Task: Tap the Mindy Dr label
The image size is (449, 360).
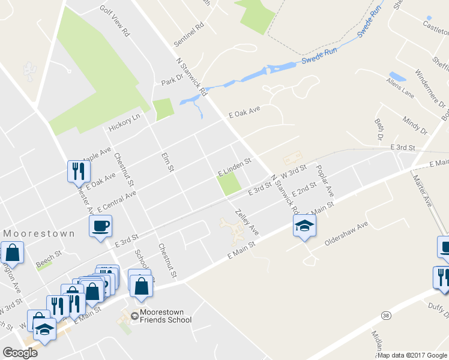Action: pos(415,126)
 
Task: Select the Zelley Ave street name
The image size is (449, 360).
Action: pos(247,222)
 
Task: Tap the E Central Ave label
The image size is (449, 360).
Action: pos(116,199)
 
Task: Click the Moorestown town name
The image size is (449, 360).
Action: pos(40,233)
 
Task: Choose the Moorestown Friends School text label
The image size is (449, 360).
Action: pos(166,316)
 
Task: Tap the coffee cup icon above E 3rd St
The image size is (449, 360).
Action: pos(100,226)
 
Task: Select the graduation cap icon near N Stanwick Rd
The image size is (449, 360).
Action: pos(304,226)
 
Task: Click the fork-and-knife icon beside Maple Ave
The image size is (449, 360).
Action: pos(79,171)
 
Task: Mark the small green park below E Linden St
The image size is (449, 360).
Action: pos(229,184)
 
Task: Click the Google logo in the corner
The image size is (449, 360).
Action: pos(20,352)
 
